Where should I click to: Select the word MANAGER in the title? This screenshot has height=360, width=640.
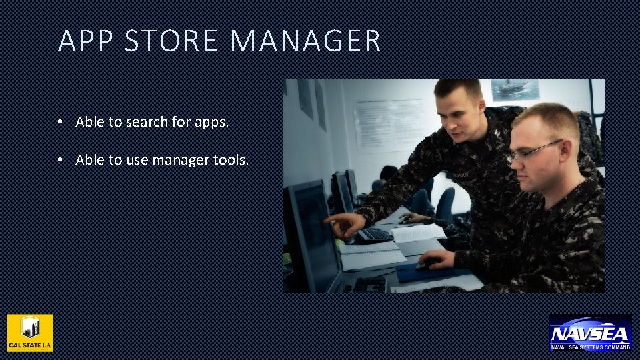click(305, 41)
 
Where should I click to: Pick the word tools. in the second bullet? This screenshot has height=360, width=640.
click(231, 160)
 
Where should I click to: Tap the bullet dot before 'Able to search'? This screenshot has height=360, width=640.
click(60, 123)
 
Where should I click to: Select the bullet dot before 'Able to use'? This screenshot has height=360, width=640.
click(60, 160)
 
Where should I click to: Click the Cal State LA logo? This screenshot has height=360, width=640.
click(30, 333)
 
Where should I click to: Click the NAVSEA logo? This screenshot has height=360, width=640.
click(590, 333)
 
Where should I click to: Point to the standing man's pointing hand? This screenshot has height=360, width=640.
click(344, 225)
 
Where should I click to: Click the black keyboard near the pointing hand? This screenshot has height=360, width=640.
click(373, 235)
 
